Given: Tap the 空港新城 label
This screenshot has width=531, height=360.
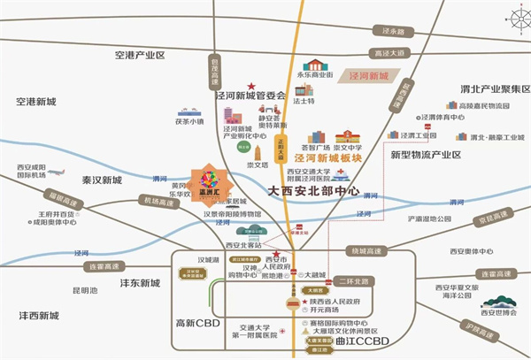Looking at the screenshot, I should [35, 102].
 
